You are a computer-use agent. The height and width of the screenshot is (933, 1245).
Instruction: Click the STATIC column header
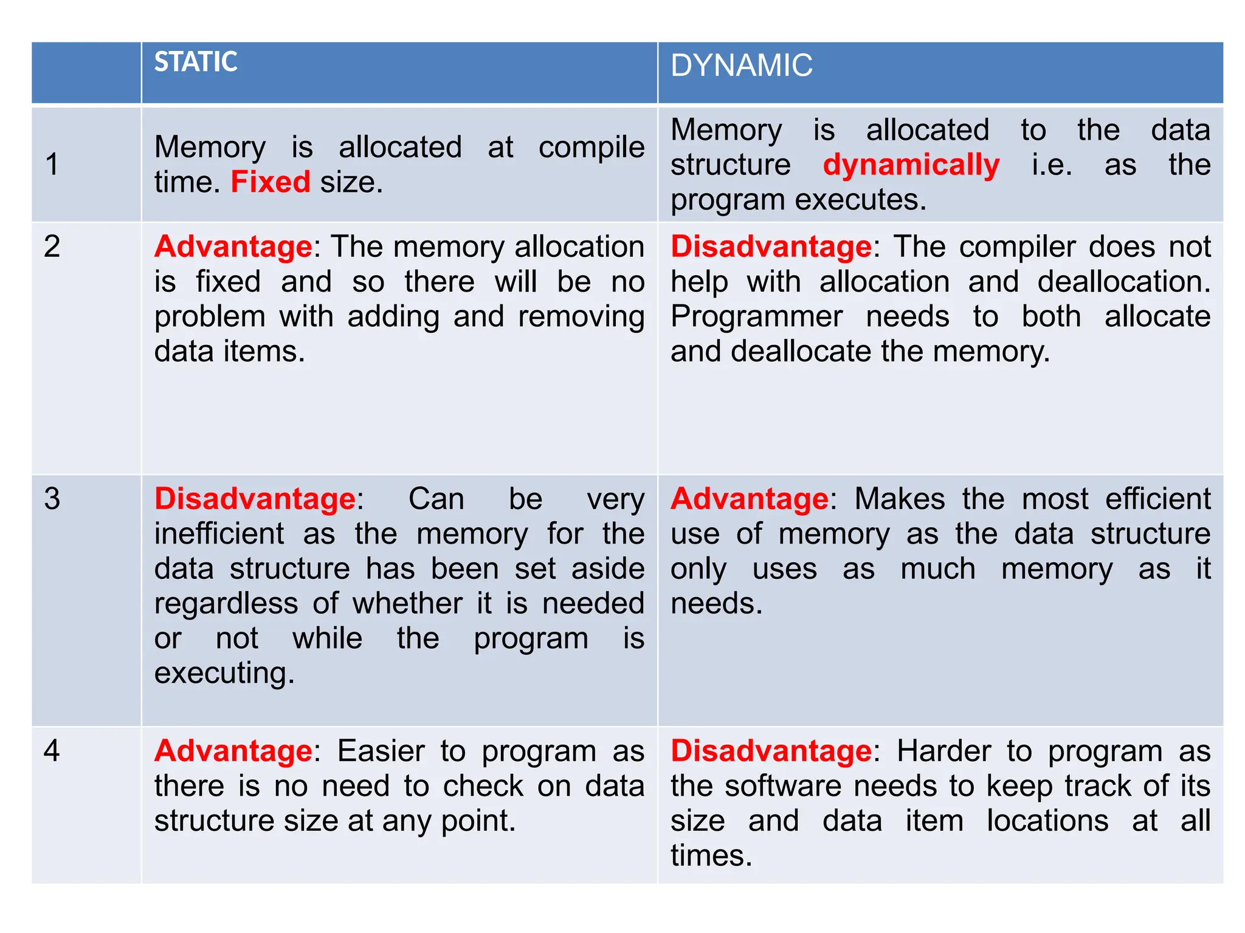pyautogui.click(x=196, y=62)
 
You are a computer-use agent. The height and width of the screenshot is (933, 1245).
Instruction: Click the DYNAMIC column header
pyautogui.click(x=741, y=66)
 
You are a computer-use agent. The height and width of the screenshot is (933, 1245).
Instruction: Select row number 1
pyautogui.click(x=52, y=164)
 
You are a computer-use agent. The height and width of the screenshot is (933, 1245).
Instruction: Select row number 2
pyautogui.click(x=52, y=247)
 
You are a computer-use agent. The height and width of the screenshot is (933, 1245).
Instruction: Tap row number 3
pyautogui.click(x=52, y=499)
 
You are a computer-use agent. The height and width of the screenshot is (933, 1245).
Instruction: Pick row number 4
pyautogui.click(x=52, y=751)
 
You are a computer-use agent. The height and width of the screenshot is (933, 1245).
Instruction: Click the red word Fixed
pyautogui.click(x=271, y=182)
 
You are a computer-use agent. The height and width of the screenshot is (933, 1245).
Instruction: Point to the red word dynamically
pyautogui.click(x=911, y=165)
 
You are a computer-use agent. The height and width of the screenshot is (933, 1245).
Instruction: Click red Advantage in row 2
pyautogui.click(x=233, y=247)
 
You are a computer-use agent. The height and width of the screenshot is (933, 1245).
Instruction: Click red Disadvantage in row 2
pyautogui.click(x=771, y=247)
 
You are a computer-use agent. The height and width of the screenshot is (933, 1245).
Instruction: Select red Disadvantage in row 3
pyautogui.click(x=255, y=499)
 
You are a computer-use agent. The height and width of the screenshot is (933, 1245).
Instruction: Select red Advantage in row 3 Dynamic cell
pyautogui.click(x=750, y=499)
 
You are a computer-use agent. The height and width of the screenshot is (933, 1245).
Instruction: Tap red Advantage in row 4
pyautogui.click(x=233, y=751)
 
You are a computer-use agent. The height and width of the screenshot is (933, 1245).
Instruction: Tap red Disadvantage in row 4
pyautogui.click(x=771, y=751)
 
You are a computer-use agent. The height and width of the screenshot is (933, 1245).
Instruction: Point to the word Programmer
pyautogui.click(x=756, y=316)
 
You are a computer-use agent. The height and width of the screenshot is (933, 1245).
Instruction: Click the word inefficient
pyautogui.click(x=219, y=534)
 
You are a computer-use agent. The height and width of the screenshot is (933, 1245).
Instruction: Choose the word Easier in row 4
pyautogui.click(x=381, y=751)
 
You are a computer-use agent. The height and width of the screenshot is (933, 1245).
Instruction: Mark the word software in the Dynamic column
pyautogui.click(x=783, y=786)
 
